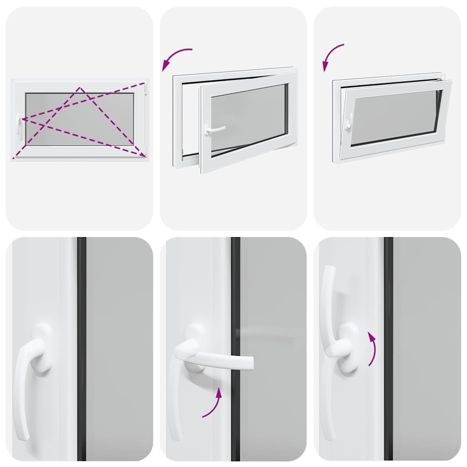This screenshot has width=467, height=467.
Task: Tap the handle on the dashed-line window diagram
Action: click(x=19, y=125)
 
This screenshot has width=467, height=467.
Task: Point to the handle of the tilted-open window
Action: click(x=348, y=122)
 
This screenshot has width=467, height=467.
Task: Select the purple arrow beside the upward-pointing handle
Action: click(x=372, y=349)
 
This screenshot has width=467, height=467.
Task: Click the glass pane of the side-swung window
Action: click(x=249, y=116)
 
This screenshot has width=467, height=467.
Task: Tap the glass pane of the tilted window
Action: click(x=394, y=116)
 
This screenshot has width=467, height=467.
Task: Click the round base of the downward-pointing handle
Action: click(x=42, y=349)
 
